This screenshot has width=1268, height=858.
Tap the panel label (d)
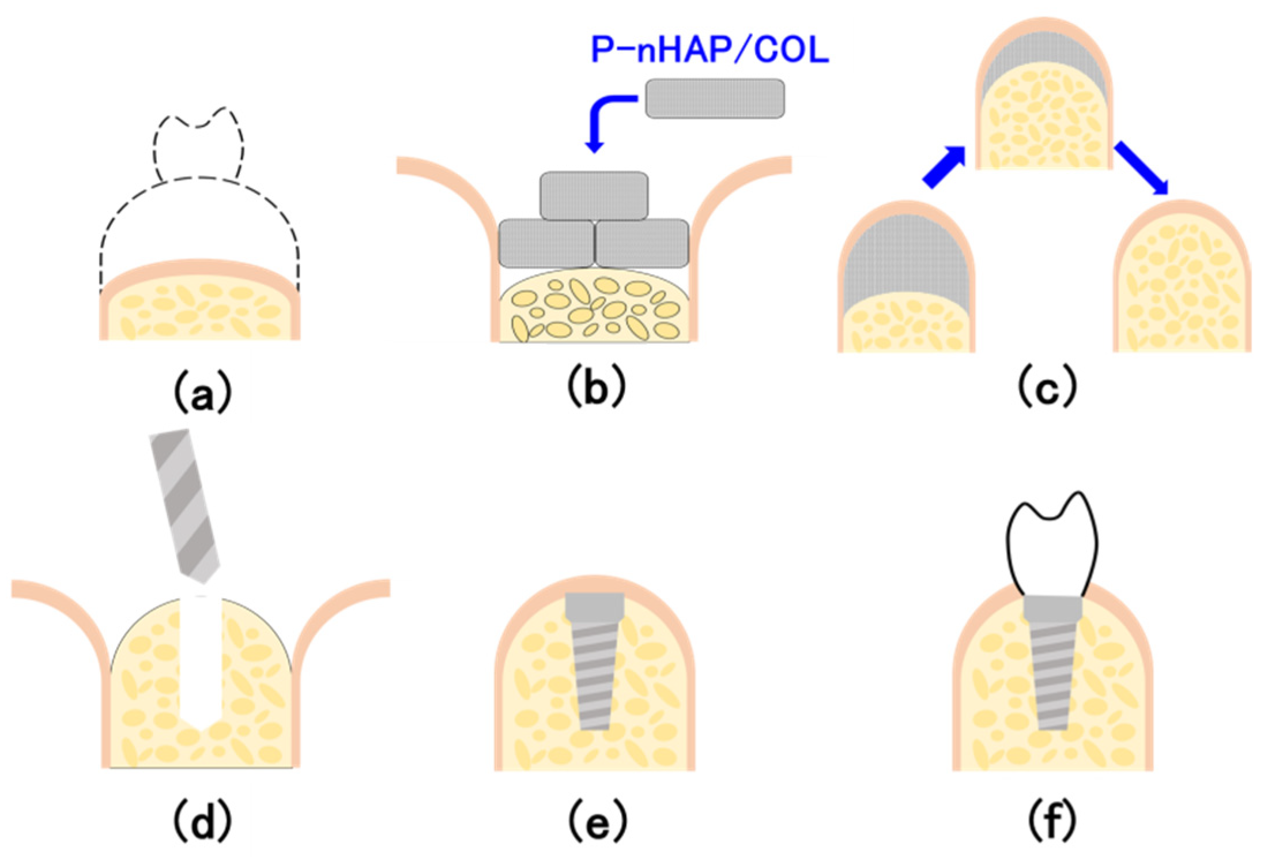click(x=201, y=820)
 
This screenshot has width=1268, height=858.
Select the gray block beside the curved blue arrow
click(x=715, y=99)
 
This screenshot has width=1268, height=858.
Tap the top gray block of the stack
click(x=594, y=195)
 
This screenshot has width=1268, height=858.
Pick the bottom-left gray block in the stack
click(x=546, y=243)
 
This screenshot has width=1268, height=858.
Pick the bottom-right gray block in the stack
click(x=641, y=243)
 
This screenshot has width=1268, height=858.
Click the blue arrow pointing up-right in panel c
click(x=944, y=167)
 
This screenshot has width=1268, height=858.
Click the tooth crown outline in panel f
click(x=1052, y=545)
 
